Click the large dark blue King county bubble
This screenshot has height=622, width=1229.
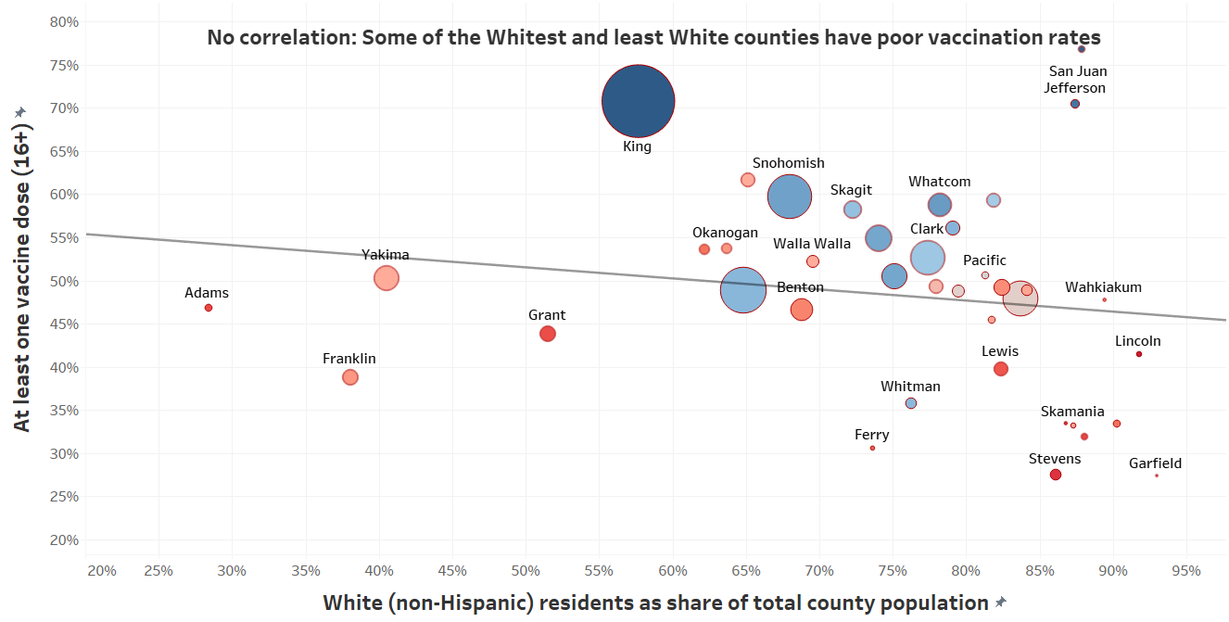click(638, 102)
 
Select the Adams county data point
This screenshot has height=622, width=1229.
click(209, 308)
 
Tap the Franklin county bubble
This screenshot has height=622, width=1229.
click(349, 377)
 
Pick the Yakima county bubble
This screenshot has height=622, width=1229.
click(386, 278)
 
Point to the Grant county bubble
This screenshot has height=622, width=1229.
click(548, 334)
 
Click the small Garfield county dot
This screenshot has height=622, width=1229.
click(1157, 476)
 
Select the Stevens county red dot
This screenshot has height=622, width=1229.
click(1056, 475)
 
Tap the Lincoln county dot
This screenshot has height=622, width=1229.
click(1139, 354)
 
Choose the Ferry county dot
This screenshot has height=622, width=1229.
click(872, 448)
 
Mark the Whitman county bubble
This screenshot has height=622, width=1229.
click(911, 403)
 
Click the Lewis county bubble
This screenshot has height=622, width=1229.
click(1001, 369)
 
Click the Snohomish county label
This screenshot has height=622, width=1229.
click(788, 163)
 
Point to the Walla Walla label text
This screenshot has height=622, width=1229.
click(812, 244)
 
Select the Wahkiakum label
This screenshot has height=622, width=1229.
click(1103, 287)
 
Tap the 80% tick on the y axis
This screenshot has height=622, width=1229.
click(63, 21)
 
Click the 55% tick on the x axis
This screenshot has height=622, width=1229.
click(600, 570)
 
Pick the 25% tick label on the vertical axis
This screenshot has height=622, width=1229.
click(63, 497)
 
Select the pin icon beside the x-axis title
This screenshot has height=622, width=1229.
click(1000, 603)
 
